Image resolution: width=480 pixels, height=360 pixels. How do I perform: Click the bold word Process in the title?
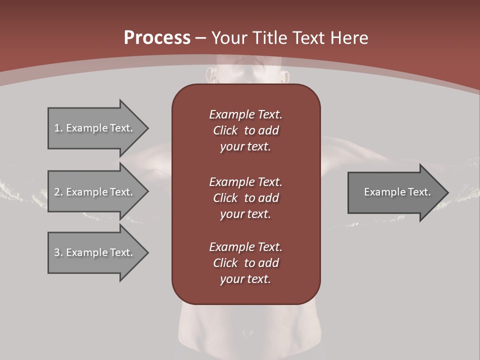tap(157, 38)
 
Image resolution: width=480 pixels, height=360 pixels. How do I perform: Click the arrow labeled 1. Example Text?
tap(95, 128)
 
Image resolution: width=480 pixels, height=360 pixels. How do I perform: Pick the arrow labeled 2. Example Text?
tap(95, 192)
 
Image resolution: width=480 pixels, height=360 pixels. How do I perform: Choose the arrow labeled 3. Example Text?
tap(95, 252)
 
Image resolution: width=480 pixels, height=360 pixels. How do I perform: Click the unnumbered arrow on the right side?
tap(395, 192)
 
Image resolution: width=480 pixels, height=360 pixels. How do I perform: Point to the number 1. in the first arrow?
tap(58, 128)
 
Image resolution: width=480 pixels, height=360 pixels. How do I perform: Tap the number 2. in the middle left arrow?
tap(58, 192)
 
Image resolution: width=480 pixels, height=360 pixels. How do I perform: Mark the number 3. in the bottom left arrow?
tap(58, 252)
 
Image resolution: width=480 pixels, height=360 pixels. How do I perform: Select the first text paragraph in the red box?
tap(245, 130)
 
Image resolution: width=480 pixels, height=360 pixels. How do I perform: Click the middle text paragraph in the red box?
tap(245, 198)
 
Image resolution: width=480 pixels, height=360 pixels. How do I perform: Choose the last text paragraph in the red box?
tap(245, 263)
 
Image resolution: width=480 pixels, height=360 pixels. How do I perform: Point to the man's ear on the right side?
tap(285, 76)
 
